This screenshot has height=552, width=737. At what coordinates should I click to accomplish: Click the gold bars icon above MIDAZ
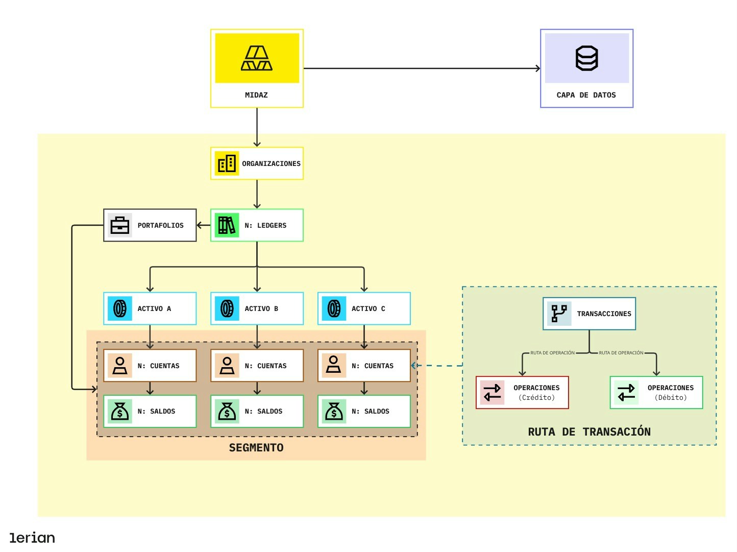[257, 58]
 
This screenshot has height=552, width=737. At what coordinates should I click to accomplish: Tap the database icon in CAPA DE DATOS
[586, 58]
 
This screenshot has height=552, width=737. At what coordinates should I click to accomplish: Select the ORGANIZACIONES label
[271, 164]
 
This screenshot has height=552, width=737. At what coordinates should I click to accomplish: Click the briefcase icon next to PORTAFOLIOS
[120, 225]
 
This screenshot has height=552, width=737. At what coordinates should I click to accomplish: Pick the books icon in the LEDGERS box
[227, 225]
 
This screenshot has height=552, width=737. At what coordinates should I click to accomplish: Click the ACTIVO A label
[154, 309]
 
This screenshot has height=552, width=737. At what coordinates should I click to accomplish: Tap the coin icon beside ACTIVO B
[227, 308]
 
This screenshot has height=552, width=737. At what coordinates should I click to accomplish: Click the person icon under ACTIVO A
[120, 366]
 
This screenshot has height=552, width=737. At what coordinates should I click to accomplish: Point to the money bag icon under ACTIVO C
[334, 411]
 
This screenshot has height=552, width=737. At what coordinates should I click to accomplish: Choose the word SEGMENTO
[256, 448]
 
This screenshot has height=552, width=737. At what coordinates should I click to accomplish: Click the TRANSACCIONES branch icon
[559, 314]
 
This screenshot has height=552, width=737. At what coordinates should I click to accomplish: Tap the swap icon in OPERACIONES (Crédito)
[492, 392]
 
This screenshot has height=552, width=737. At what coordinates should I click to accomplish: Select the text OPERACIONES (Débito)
[671, 393]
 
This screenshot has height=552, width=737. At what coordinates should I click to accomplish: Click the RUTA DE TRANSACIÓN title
[589, 432]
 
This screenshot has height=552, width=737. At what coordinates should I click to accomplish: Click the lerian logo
[32, 538]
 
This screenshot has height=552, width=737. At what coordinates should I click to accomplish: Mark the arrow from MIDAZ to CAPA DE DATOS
[422, 68]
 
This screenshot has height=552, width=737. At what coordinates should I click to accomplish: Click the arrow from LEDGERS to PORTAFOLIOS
[203, 225]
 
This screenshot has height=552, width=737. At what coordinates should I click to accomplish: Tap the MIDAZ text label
[256, 95]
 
